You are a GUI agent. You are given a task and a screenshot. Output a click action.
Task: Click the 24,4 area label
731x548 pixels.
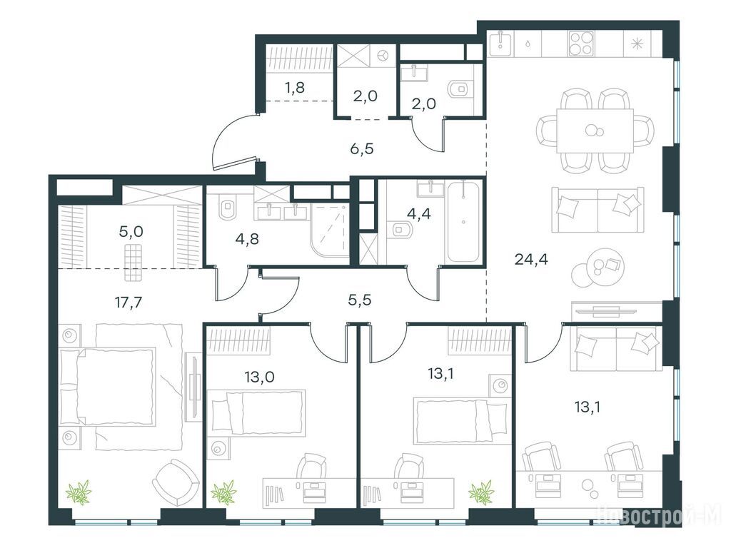(531, 259)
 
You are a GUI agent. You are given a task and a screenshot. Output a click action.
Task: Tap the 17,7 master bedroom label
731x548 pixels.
(128, 303)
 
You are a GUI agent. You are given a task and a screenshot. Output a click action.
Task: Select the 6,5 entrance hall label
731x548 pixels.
(362, 149)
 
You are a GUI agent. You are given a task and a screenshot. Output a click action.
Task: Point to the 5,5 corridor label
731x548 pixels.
(360, 300)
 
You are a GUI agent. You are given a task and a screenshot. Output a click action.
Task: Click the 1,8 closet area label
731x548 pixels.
(295, 86)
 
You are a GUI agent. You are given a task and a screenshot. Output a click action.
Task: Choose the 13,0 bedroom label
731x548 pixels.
(259, 376)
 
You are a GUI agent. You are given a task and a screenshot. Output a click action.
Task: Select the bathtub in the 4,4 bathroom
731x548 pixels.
(463, 222)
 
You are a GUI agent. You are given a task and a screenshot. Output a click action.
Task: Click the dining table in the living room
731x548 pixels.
(595, 131)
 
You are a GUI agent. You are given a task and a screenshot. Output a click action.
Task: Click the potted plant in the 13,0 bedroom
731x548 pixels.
(223, 492)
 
